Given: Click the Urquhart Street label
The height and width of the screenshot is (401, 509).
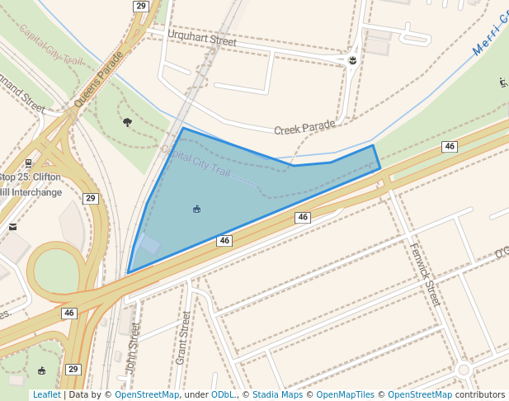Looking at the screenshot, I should [201, 39].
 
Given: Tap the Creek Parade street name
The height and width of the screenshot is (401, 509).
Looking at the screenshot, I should [304, 127].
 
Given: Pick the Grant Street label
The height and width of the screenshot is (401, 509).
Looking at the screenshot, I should [184, 338].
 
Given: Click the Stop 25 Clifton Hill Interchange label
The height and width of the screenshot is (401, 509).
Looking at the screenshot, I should [31, 185].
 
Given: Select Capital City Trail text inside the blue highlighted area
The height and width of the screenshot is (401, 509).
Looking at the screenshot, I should [196, 160].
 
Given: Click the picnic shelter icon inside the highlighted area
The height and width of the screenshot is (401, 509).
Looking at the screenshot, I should [196, 209].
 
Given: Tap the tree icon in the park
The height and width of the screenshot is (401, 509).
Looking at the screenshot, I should [127, 122].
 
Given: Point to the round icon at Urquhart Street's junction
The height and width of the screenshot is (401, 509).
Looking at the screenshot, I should [352, 61].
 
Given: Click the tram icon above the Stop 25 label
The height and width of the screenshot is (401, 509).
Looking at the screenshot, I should [29, 163].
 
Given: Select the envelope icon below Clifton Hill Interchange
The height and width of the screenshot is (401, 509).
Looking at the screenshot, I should [12, 226].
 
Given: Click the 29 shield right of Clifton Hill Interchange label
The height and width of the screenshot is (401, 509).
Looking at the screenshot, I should [90, 198].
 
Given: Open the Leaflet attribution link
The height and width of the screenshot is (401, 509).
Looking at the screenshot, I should [46, 394].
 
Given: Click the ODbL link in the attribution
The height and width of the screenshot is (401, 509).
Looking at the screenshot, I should [222, 394].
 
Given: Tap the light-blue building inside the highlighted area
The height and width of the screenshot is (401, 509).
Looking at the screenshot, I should [149, 245].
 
